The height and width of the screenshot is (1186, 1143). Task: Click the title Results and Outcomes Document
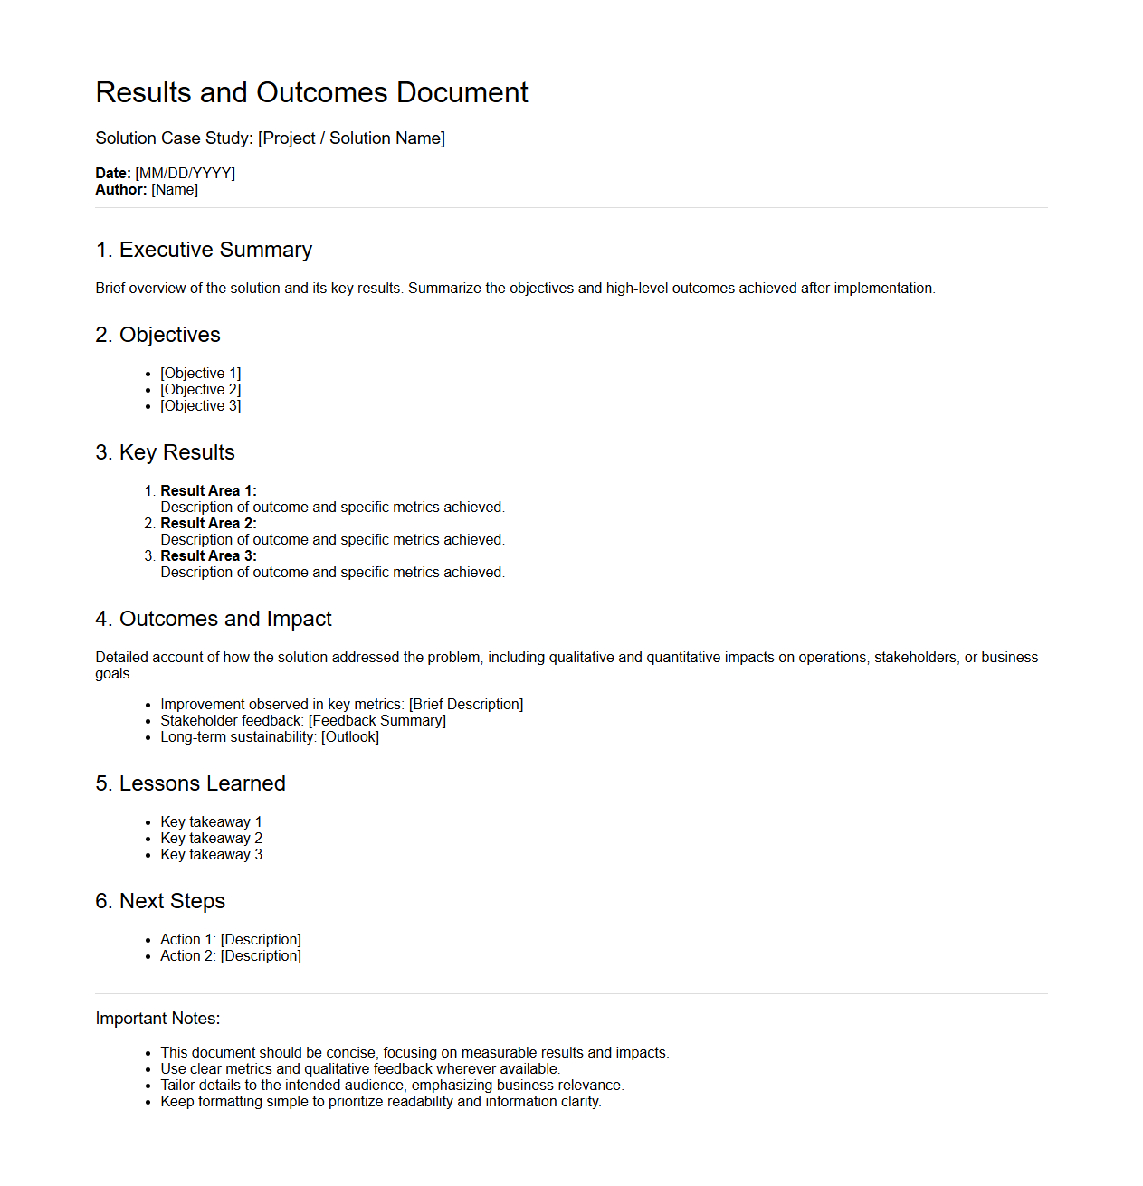[x=311, y=92]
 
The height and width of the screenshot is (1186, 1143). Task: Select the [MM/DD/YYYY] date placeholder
[x=185, y=173]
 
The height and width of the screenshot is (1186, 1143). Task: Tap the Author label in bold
[x=120, y=189]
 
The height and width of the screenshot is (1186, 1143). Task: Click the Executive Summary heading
[x=204, y=250]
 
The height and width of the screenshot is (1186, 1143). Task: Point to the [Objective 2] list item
[x=200, y=390]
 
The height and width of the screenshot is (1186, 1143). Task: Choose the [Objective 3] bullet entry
[x=200, y=406]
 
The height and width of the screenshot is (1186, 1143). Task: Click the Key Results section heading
[x=165, y=452]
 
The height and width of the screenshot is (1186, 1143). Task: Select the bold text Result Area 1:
[x=208, y=491]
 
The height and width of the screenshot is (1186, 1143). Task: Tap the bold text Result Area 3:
[x=208, y=556]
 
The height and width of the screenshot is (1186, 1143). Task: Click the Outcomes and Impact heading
[x=214, y=619]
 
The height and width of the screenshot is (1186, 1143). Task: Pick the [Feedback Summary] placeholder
[x=376, y=721]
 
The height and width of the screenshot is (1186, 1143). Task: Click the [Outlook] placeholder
[x=349, y=737]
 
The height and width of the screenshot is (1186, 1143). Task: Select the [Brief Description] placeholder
[x=466, y=705]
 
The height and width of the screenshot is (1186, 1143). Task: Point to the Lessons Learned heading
[x=190, y=783]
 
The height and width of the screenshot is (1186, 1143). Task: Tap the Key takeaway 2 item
[x=211, y=839]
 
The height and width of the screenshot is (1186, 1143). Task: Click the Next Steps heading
[x=160, y=901]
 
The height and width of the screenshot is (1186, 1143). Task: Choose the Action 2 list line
[x=230, y=956]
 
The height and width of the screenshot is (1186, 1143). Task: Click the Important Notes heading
[x=157, y=1019]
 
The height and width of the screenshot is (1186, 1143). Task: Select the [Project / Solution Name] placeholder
[x=351, y=138]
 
